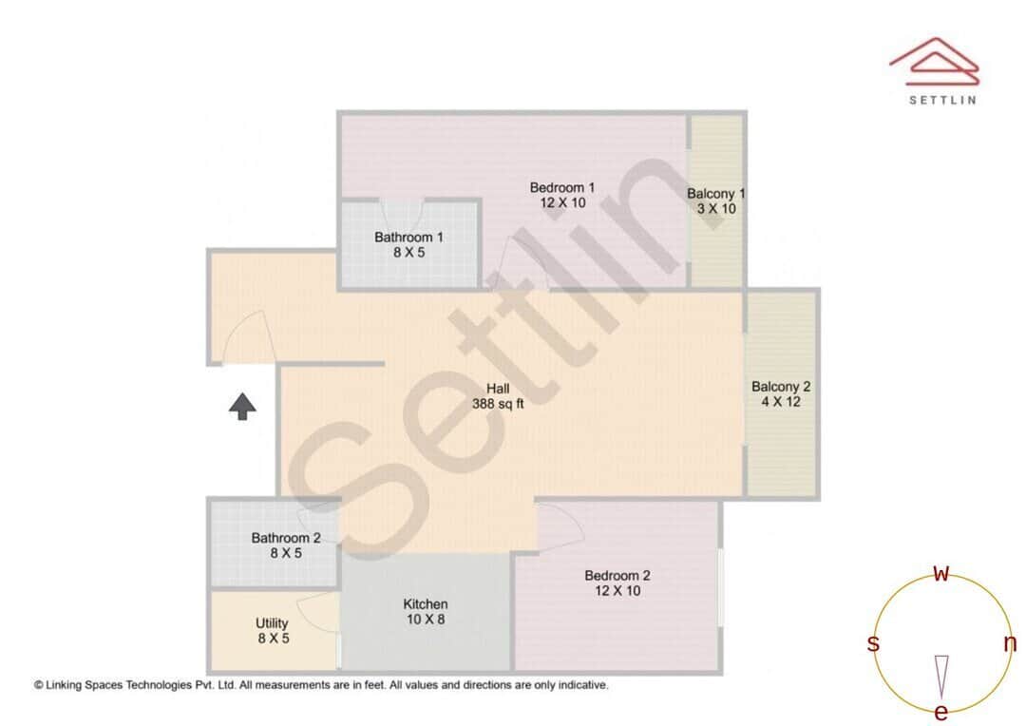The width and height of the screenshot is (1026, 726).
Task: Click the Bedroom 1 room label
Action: tap(562, 187)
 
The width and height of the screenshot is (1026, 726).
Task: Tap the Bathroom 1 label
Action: tap(408, 237)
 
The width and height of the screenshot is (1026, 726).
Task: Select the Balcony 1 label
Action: tap(716, 194)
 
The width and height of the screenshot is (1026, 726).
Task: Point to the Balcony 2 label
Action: tap(781, 387)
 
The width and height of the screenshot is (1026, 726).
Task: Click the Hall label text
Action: tap(498, 389)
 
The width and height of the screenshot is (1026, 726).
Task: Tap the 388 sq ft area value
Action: tap(498, 404)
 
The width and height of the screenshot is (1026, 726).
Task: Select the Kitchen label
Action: tap(426, 604)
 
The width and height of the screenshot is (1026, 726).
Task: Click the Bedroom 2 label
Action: tap(617, 575)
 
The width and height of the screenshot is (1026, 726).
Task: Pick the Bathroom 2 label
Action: tap(286, 538)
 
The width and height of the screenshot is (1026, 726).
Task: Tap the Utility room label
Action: tap(273, 623)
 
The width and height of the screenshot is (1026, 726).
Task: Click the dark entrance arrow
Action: tap(243, 407)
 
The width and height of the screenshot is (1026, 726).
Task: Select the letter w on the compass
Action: tap(941, 573)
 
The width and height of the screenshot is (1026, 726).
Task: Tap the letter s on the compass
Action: tap(873, 644)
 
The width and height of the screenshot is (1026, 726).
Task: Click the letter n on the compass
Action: tap(1010, 644)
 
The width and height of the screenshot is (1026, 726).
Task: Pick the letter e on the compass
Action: tap(941, 713)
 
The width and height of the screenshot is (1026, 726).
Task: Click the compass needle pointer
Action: tap(941, 676)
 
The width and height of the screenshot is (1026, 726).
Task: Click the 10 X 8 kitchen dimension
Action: tap(426, 620)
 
